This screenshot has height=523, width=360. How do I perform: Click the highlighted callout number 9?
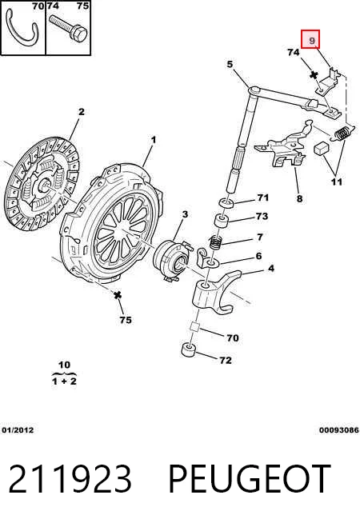(x=312, y=40)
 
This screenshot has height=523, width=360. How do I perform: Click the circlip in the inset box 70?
(x=22, y=28)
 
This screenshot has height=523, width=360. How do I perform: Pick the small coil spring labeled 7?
(x=216, y=242)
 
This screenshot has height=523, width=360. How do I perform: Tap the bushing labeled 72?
(x=188, y=349)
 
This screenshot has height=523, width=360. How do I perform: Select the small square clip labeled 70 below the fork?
(x=194, y=326)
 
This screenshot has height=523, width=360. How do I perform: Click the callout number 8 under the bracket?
(x=299, y=198)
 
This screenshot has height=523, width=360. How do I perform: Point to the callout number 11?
(x=337, y=182)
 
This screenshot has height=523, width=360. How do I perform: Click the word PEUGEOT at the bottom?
(x=250, y=479)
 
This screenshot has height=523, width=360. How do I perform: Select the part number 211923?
(x=70, y=479)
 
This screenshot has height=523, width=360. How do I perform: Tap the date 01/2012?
(x=18, y=430)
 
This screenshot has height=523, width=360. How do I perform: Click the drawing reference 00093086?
(x=339, y=430)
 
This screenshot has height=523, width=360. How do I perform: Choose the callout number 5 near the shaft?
(x=230, y=64)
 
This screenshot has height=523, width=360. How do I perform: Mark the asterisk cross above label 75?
(x=117, y=295)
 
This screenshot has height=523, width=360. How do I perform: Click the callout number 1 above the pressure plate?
(x=154, y=140)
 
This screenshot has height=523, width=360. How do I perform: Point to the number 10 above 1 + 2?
(x=64, y=365)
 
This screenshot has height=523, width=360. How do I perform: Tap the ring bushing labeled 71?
(x=226, y=203)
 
